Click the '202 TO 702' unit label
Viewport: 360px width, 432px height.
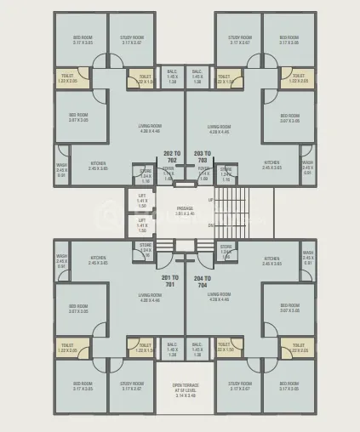[x=170, y=156]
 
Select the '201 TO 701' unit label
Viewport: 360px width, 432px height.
[x=170, y=281]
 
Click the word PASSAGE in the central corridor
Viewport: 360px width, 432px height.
[x=186, y=208]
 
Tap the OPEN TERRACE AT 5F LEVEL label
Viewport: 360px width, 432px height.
[x=186, y=389]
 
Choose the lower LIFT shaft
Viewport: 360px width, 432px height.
[x=142, y=225]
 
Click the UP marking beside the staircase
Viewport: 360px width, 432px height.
[x=211, y=200]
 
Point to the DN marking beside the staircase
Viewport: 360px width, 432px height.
[x=211, y=225]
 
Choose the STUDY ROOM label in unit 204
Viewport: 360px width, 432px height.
[x=240, y=385]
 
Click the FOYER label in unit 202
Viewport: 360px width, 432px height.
[x=169, y=171]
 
